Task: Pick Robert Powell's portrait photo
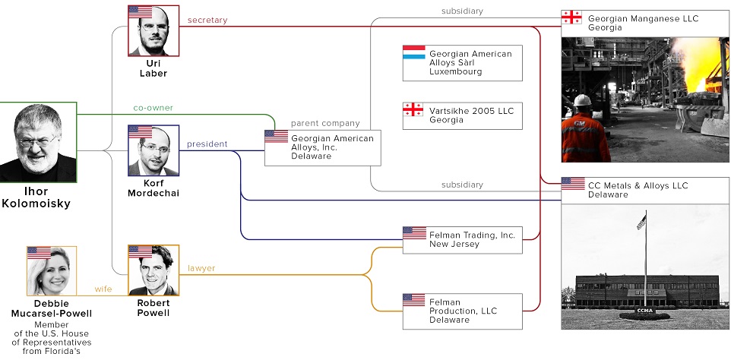point(153,271)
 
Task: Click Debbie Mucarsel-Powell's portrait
point(52,271)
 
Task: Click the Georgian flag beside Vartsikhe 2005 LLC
point(413,110)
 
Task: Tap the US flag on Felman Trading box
point(414,233)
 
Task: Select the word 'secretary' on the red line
point(207,21)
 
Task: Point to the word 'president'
point(207,144)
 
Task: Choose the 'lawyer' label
point(201,267)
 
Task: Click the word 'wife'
point(103,289)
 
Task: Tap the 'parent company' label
point(325,123)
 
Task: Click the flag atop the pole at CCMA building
point(641,222)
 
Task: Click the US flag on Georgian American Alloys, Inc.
point(276,137)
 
